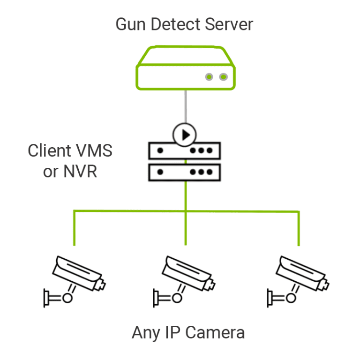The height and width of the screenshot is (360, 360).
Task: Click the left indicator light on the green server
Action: [210, 77]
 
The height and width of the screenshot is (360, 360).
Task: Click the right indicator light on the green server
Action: [224, 77]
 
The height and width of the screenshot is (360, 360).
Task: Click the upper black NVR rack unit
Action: [185, 151]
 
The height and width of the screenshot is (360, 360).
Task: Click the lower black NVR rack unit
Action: [185, 172]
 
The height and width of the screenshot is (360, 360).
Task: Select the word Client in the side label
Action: [47, 151]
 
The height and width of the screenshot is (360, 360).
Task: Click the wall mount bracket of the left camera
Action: [47, 298]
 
